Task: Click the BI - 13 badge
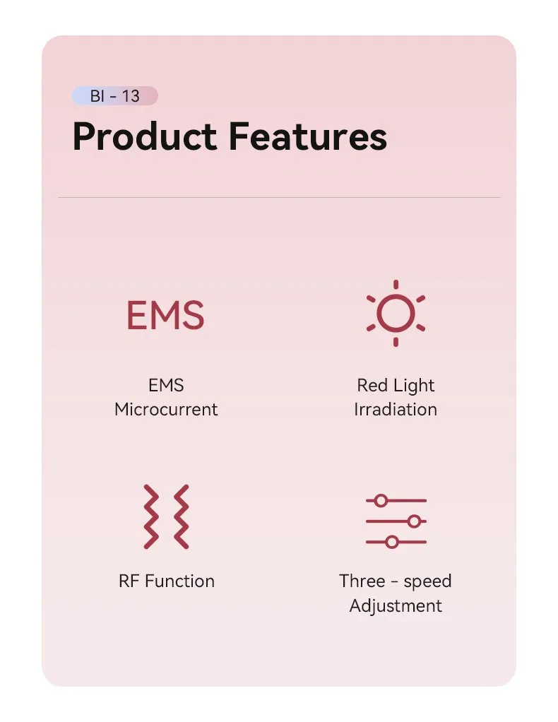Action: (x=114, y=96)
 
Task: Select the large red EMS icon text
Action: (x=165, y=316)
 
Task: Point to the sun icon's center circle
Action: (x=395, y=313)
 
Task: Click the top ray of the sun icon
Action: (x=396, y=285)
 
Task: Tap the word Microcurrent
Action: (x=166, y=409)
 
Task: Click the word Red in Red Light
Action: (x=372, y=386)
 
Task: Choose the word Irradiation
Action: (x=396, y=409)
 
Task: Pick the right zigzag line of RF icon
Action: (x=181, y=516)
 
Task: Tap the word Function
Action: (x=179, y=581)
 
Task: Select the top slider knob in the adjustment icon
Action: (x=381, y=501)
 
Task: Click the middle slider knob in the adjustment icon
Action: (x=414, y=521)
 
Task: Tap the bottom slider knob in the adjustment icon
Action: (x=392, y=543)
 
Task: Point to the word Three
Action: (x=362, y=581)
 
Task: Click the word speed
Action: (x=427, y=582)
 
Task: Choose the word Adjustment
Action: (x=396, y=605)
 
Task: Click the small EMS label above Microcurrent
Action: (x=166, y=386)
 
